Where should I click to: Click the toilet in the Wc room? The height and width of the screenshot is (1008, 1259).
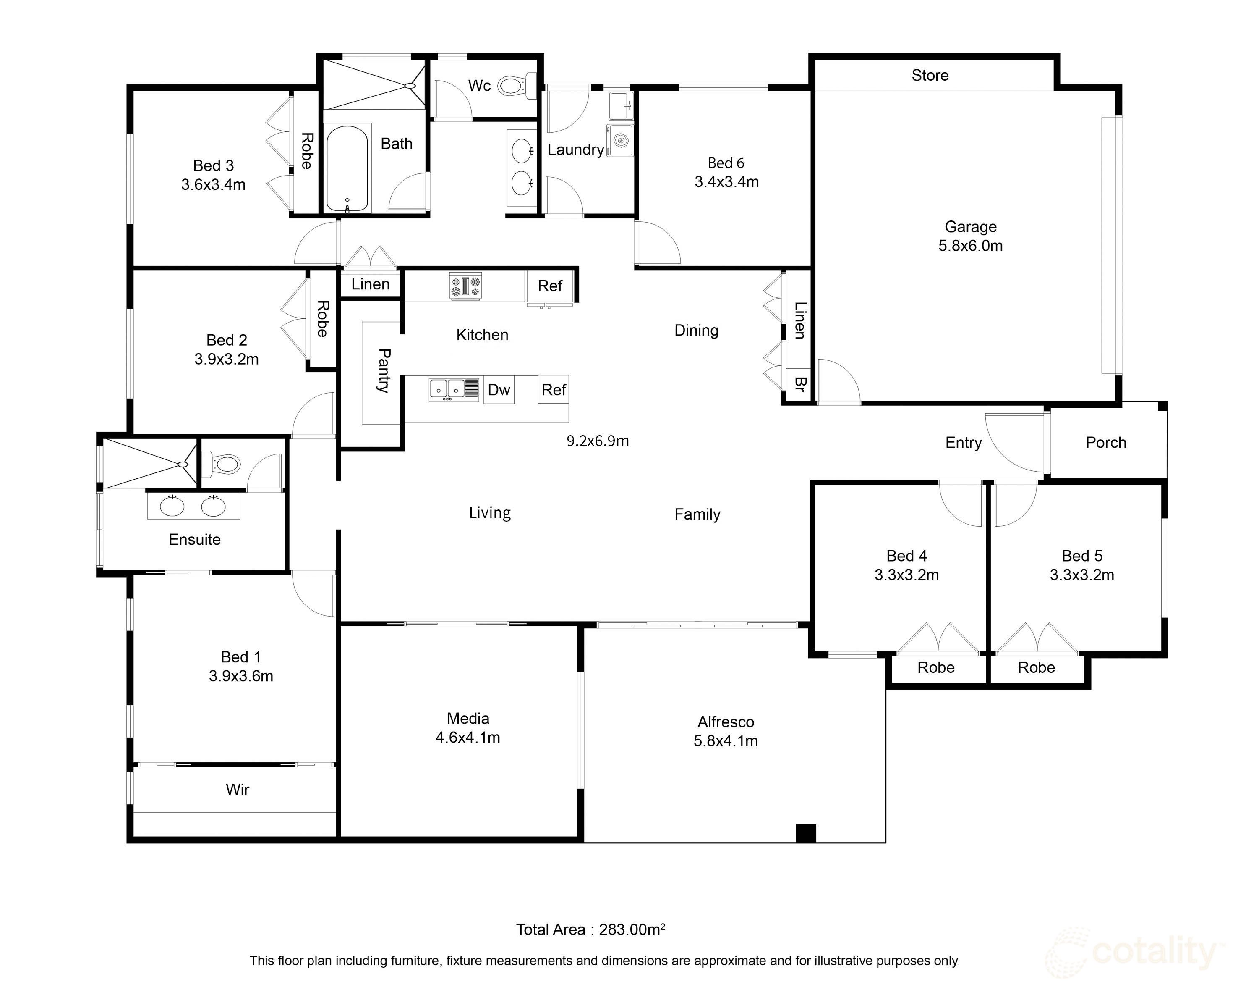click(x=512, y=87)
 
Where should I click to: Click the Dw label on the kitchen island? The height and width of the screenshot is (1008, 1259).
click(x=499, y=390)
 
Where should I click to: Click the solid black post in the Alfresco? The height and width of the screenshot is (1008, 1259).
click(x=806, y=833)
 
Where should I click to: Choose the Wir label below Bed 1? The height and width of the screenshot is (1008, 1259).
click(x=237, y=790)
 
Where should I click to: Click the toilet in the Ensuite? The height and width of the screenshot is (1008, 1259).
click(x=227, y=465)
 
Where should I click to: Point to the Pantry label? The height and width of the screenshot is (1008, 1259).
click(x=384, y=370)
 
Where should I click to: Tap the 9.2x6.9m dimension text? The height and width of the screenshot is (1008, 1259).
click(x=597, y=441)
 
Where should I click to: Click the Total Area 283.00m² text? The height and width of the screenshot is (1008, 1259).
click(x=590, y=929)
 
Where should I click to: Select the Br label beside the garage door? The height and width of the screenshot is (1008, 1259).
click(x=799, y=384)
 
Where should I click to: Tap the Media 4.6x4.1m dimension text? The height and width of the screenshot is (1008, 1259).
click(x=468, y=738)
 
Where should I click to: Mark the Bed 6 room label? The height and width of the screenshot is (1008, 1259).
click(x=726, y=163)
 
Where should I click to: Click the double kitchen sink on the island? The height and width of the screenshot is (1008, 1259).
click(x=447, y=388)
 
